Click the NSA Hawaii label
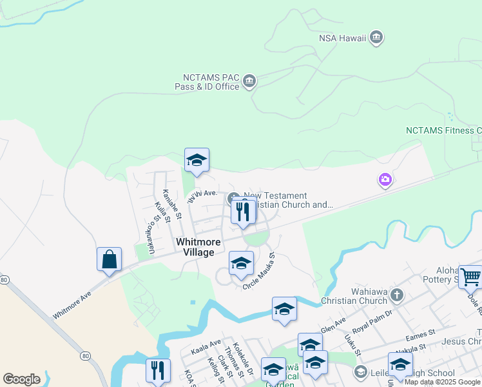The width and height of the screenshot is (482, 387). [x=342, y=38]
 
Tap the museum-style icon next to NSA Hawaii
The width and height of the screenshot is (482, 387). [x=376, y=38]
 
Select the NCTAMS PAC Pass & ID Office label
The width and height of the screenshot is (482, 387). [x=207, y=82]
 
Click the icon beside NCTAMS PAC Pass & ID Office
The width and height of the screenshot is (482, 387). [x=249, y=82]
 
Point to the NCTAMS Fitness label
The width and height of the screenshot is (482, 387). [x=443, y=130]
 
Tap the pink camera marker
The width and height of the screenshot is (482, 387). [x=385, y=179]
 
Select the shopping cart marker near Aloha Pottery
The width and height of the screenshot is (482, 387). [x=470, y=277]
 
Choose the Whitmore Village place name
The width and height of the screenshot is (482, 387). [x=199, y=247]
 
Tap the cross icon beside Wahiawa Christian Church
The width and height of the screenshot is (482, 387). [x=397, y=296]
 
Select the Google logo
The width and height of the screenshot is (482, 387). [x=21, y=379]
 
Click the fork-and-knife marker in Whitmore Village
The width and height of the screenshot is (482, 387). [x=243, y=212]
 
